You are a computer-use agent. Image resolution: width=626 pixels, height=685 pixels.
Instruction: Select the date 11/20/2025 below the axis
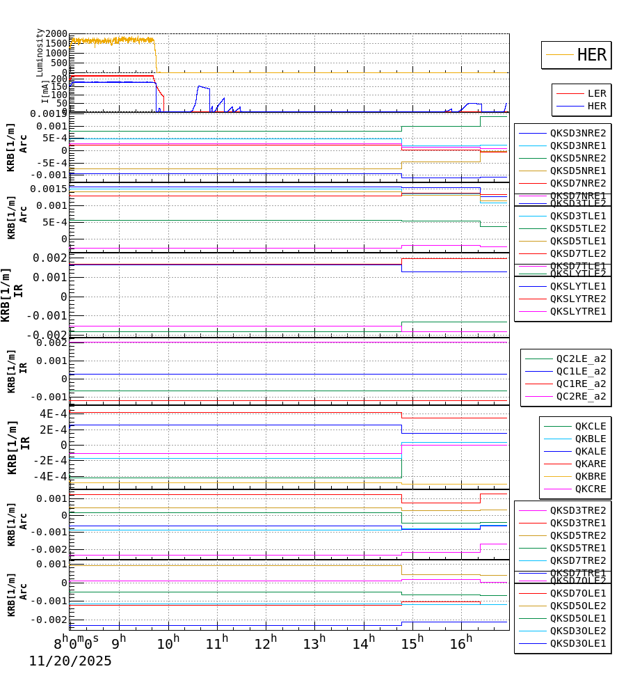(x=70, y=661)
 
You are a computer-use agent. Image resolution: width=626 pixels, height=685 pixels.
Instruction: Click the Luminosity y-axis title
(x=40, y=52)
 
